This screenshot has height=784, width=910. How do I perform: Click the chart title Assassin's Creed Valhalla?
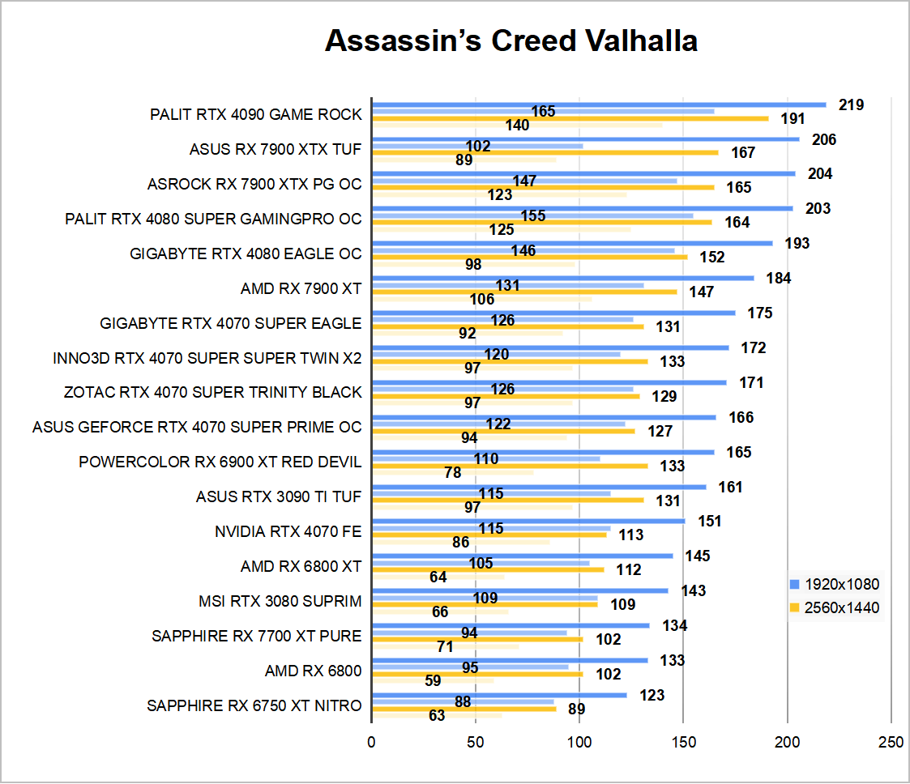(x=511, y=40)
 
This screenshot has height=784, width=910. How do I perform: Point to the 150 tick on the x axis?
(x=683, y=741)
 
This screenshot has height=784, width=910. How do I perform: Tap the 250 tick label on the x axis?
(x=891, y=741)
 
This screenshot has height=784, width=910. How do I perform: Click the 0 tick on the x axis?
(x=371, y=741)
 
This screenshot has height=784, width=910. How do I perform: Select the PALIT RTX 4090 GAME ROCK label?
(x=256, y=114)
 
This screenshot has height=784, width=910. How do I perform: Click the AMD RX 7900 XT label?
(x=301, y=288)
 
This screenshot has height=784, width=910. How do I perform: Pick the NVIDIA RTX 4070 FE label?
(x=288, y=531)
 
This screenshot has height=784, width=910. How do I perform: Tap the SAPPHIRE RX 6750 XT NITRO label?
(x=254, y=705)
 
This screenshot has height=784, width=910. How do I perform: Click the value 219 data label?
(x=852, y=104)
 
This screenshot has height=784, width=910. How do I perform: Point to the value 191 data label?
(x=793, y=119)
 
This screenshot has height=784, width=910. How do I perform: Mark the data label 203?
(x=818, y=209)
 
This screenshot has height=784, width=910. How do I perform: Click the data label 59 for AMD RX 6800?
(x=433, y=680)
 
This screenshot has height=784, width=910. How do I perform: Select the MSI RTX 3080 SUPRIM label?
(x=280, y=601)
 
